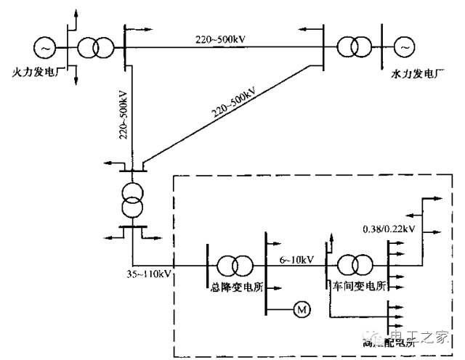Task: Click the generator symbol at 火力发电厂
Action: [45, 48]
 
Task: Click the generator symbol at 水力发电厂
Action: [403, 48]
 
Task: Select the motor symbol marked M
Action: [301, 310]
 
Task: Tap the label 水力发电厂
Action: [417, 73]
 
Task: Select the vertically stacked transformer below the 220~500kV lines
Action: [133, 197]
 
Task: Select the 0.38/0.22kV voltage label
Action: [389, 229]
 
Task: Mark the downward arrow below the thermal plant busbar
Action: [73, 75]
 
